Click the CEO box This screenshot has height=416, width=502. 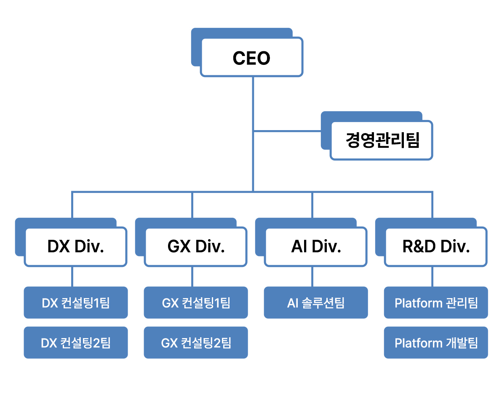point(251,57)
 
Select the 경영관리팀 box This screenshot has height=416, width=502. point(382,141)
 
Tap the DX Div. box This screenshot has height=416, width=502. point(75,247)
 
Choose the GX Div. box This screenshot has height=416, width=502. point(195,247)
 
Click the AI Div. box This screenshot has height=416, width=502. point(315,247)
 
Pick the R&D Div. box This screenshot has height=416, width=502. point(436,247)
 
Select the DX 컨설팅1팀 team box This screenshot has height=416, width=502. point(76,303)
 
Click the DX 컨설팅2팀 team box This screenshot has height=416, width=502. point(76,343)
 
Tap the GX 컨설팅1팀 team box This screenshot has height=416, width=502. point(196,303)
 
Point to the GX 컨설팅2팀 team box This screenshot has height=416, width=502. point(196,343)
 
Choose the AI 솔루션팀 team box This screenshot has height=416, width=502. point(316,303)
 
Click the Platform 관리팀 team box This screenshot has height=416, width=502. point(436,303)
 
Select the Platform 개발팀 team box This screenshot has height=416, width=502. point(436,343)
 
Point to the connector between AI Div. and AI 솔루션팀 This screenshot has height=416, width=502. point(312,277)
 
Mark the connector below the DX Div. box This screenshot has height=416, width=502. point(72,277)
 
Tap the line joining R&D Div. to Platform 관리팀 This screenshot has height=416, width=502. point(432,277)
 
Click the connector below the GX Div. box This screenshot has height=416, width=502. point(192,277)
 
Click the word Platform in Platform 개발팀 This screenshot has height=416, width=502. point(419,343)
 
